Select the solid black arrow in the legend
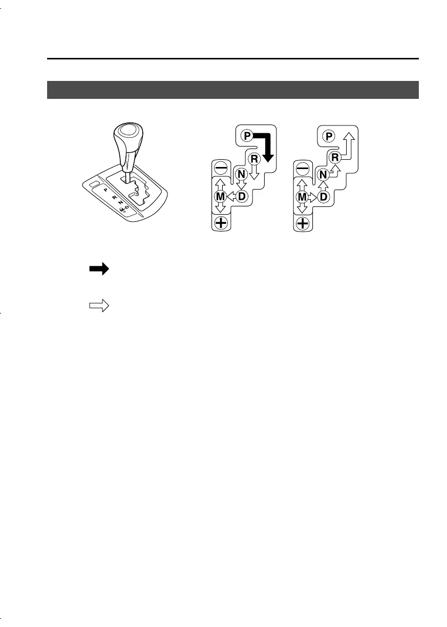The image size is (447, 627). pyautogui.click(x=99, y=269)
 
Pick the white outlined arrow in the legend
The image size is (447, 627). pyautogui.click(x=99, y=306)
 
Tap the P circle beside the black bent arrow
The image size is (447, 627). pyautogui.click(x=248, y=136)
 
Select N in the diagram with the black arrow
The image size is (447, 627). pyautogui.click(x=241, y=175)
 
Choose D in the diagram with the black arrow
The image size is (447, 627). pyautogui.click(x=242, y=196)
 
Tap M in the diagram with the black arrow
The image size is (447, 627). pyautogui.click(x=220, y=196)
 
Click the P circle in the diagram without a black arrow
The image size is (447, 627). pyautogui.click(x=329, y=136)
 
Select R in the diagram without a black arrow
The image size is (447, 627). pyautogui.click(x=335, y=157)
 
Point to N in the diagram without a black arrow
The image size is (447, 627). pyautogui.click(x=323, y=175)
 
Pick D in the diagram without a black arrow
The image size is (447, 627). pyautogui.click(x=324, y=196)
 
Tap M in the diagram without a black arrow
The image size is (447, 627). pyautogui.click(x=301, y=196)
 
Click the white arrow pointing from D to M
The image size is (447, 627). pyautogui.click(x=231, y=196)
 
